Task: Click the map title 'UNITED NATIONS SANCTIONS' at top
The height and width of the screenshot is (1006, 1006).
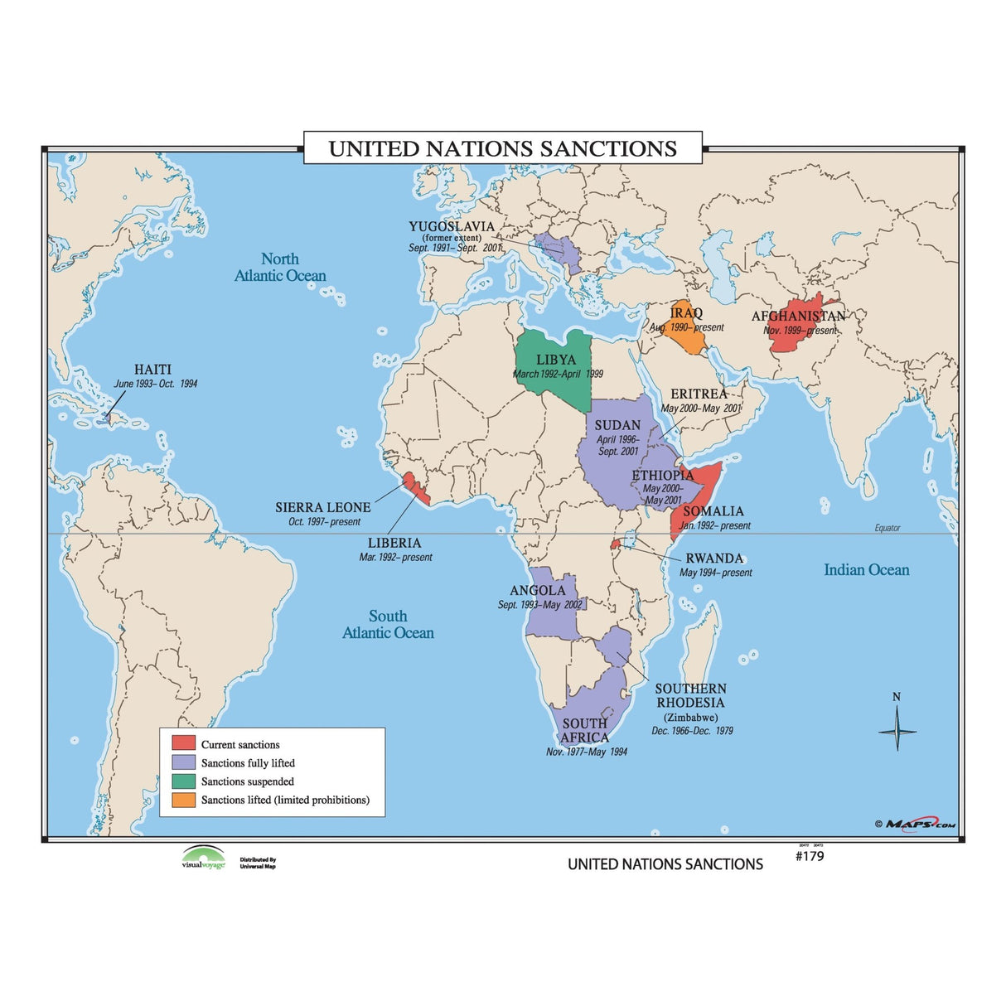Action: (502, 148)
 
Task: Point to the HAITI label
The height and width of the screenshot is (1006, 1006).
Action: (152, 370)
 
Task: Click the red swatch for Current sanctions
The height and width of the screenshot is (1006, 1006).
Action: (183, 743)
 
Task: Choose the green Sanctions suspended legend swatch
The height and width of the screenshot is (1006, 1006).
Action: (183, 781)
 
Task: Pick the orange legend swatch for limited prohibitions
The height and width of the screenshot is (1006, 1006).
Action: (183, 800)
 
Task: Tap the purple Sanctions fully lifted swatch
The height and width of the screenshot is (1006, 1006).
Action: (183, 762)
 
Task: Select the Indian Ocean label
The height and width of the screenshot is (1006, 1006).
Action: (866, 570)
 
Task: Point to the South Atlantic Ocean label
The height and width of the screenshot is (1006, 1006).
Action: (388, 624)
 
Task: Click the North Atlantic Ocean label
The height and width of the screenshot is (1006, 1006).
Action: (280, 268)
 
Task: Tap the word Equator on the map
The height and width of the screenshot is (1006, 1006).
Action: (887, 528)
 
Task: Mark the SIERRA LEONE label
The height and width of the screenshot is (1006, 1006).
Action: (322, 507)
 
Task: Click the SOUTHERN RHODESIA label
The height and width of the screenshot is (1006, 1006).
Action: (690, 695)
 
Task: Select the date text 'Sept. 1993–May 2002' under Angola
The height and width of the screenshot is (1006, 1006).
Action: (539, 605)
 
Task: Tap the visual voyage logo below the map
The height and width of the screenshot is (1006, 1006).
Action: (203, 858)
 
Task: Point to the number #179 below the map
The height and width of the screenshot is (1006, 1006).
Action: (810, 856)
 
